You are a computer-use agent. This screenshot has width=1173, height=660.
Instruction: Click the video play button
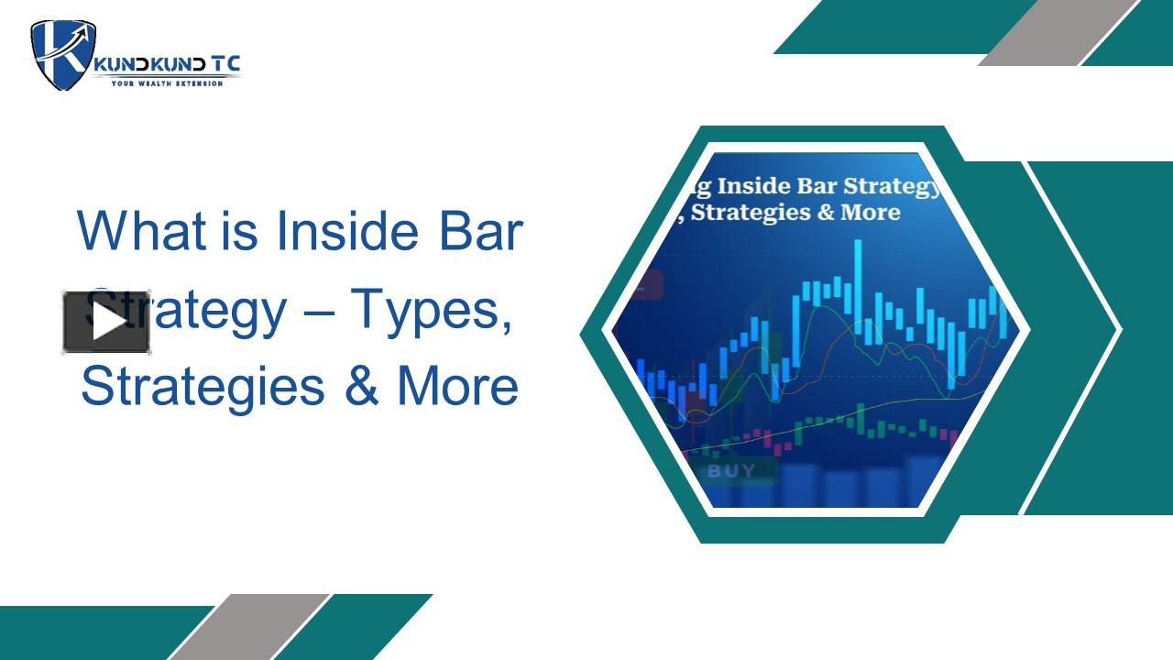106,322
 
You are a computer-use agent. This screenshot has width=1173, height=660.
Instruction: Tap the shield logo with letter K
63,54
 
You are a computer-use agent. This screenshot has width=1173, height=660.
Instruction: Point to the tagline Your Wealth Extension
167,83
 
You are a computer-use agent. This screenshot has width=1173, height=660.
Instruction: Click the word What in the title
142,231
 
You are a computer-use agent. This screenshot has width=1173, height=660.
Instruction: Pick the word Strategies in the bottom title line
203,387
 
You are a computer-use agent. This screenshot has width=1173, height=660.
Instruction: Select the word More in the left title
457,387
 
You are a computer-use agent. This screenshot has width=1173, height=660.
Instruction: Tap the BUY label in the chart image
731,471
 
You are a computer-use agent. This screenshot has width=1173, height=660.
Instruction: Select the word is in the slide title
239,231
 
